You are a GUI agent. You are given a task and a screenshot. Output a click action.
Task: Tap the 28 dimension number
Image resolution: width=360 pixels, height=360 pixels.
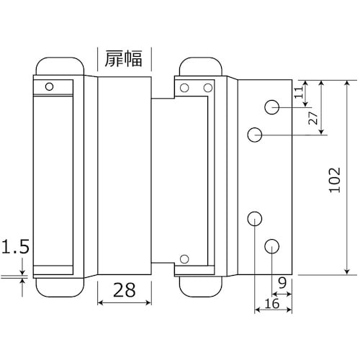(123, 292)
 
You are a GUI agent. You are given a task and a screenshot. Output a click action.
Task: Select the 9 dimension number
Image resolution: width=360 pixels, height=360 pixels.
(282, 282)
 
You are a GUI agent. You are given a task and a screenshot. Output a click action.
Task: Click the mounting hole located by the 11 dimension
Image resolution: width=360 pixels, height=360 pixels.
(272, 108)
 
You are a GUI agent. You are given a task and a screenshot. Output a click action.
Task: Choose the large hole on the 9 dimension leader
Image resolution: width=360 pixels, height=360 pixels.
(272, 246)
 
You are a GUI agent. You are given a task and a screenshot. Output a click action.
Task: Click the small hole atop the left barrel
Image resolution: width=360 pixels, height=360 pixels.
(49, 87)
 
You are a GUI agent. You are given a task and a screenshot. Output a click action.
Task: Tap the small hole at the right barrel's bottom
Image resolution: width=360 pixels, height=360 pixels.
(185, 258)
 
